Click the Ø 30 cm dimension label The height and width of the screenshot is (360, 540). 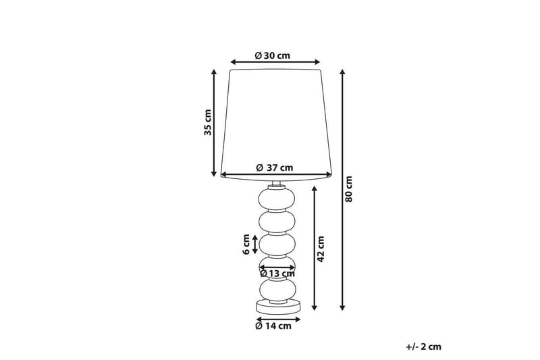point(273,55)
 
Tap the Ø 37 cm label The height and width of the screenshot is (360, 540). point(275,168)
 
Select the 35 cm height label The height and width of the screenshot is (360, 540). point(209,122)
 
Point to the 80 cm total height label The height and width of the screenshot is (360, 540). point(349,190)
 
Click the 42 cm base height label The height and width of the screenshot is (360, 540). point(321,249)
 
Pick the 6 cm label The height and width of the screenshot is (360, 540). point(246,244)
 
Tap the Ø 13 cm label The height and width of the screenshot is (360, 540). point(277,274)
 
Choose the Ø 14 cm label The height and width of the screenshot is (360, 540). point(273,326)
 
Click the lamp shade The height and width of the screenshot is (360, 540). point(277,122)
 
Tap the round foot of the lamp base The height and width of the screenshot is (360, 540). point(277,307)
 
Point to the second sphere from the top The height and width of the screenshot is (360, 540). point(277,220)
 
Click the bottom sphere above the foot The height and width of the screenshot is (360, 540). point(277,290)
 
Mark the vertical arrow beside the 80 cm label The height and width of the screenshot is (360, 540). point(342,189)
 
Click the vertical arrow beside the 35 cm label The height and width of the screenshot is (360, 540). point(215,122)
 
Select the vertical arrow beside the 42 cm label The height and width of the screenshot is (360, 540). point(315,249)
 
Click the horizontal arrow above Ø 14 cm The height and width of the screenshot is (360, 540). point(277,317)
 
